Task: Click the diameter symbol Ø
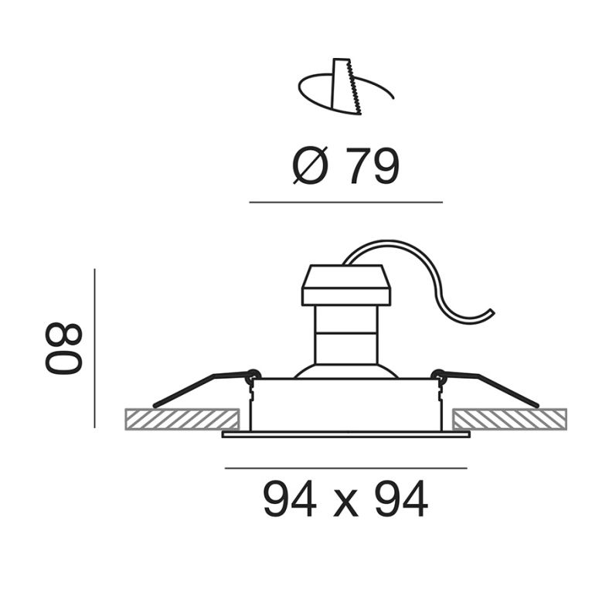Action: (311, 165)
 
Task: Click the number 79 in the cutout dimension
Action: (373, 165)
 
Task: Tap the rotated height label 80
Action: (63, 349)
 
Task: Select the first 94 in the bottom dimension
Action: (290, 498)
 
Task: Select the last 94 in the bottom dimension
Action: (402, 498)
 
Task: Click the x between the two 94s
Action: (345, 504)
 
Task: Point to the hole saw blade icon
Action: (345, 87)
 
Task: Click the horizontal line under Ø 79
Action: (345, 202)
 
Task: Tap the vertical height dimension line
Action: (94, 348)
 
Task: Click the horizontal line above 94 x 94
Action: (345, 468)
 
